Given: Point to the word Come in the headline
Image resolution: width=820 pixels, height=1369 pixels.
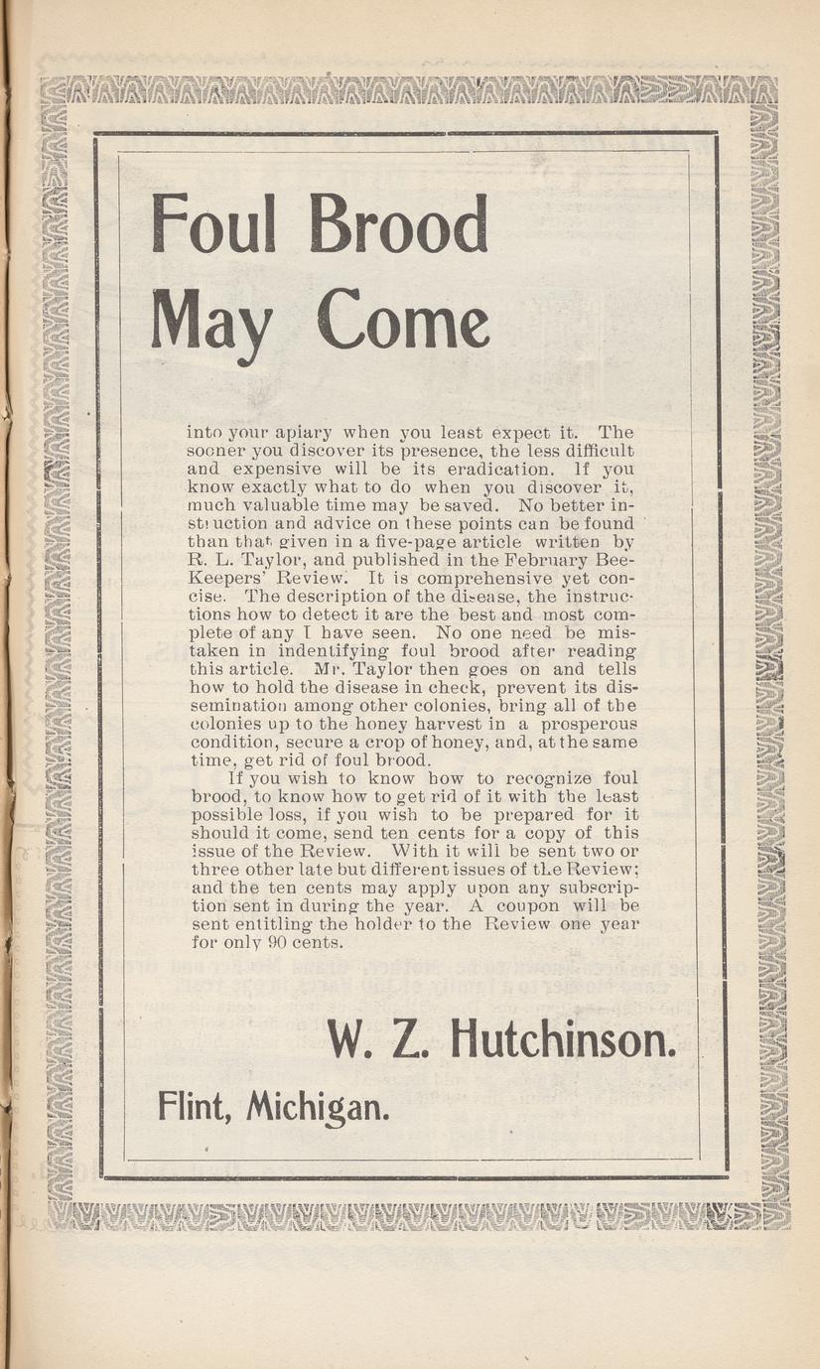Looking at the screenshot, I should [402, 320].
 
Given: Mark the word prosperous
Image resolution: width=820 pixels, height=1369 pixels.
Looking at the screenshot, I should [586, 725].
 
